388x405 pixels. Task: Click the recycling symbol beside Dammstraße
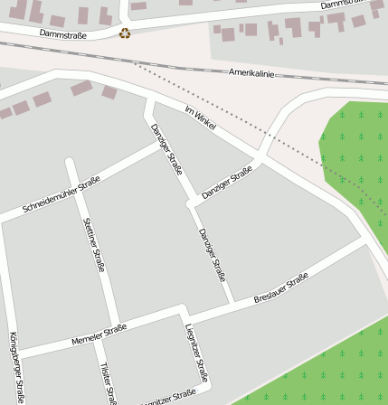pos(125,33)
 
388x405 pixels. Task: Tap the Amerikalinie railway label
pos(251,72)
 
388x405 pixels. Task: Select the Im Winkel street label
pos(200,118)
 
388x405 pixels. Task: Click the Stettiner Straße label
pos(94,244)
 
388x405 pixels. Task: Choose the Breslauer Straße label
pos(281,287)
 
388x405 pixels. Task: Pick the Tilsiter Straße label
pos(109,383)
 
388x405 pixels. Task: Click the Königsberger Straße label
pos(15,366)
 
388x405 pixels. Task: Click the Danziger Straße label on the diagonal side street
pos(227,183)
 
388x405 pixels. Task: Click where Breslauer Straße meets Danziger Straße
pos(232,301)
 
